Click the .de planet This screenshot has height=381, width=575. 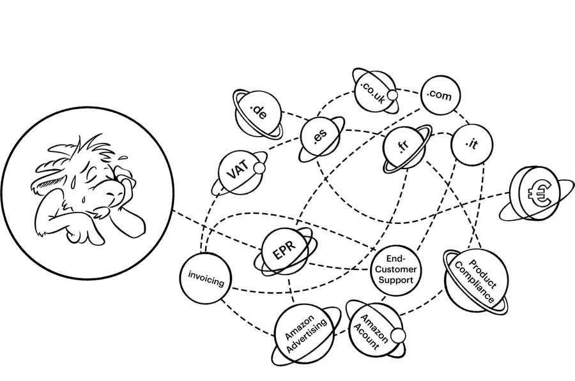pyautogui.click(x=258, y=114)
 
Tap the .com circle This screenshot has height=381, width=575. pyautogui.click(x=440, y=95)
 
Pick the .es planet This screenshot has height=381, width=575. pyautogui.click(x=321, y=137)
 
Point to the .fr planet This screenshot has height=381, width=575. pyautogui.click(x=404, y=148)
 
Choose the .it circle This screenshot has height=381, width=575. pyautogui.click(x=471, y=144)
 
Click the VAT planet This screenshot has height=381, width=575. pyautogui.click(x=239, y=172)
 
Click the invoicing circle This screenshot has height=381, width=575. pyautogui.click(x=206, y=278)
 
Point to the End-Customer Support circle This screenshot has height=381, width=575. pyautogui.click(x=395, y=271)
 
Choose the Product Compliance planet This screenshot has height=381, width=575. pyautogui.click(x=477, y=281)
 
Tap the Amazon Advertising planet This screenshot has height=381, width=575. pyautogui.click(x=305, y=334)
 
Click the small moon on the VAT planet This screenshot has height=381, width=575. pyautogui.click(x=259, y=168)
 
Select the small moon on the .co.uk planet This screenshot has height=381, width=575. pyautogui.click(x=393, y=95)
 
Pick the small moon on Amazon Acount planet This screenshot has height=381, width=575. pyautogui.click(x=398, y=335)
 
